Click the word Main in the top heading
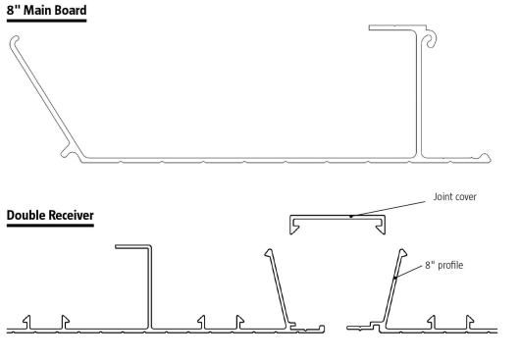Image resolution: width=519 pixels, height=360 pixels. tap(36, 10)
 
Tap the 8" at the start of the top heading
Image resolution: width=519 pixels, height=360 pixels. tap(14, 10)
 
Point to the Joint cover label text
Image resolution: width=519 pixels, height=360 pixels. tap(455, 197)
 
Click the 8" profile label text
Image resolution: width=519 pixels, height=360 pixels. tap(443, 266)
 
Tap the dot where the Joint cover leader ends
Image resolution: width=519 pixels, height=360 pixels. tap(351, 217)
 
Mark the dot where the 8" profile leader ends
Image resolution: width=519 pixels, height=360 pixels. tap(395, 278)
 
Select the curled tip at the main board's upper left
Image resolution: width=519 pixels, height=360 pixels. tap(14, 40)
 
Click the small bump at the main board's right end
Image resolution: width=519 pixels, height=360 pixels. tap(485, 157)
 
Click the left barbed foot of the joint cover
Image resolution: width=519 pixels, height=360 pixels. tap(294, 228)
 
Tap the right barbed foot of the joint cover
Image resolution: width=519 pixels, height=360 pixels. tap(381, 228)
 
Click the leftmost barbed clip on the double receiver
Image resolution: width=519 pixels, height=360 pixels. tap(27, 322)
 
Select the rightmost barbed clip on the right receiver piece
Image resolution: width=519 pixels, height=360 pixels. tap(470, 322)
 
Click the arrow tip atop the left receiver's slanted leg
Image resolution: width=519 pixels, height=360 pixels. tap(269, 253)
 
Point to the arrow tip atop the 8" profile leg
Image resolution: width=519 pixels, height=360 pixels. tap(402, 253)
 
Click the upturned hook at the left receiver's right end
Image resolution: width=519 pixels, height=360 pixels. tap(321, 329)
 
